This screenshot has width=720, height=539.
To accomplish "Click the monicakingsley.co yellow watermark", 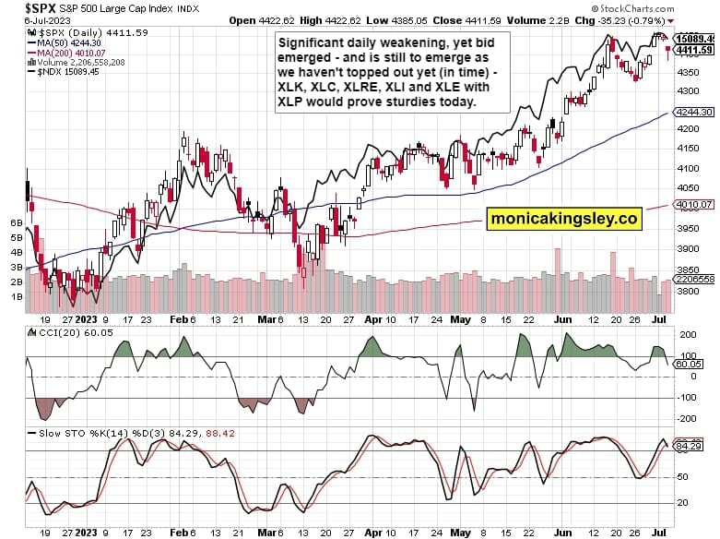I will tap(564, 219).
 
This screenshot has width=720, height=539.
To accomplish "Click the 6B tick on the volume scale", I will tap(16, 223).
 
